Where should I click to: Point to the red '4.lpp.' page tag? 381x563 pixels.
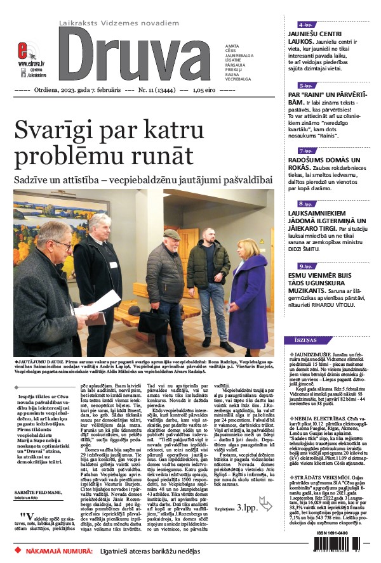(x=305, y=24)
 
